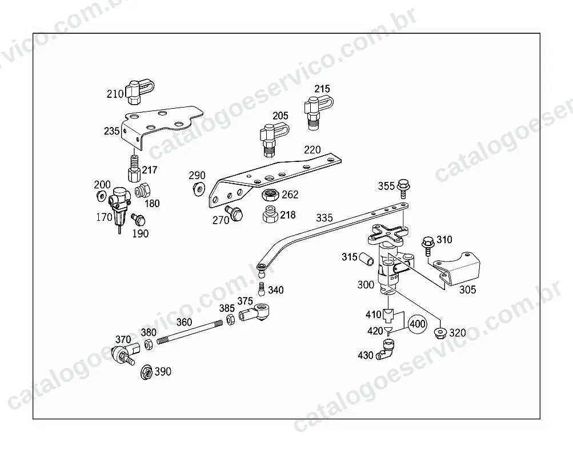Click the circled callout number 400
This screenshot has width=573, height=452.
(x=418, y=324)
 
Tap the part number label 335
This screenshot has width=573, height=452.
(x=324, y=218)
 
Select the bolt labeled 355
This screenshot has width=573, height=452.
(x=403, y=188)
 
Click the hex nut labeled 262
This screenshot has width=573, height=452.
(x=271, y=195)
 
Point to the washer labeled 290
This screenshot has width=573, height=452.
(x=199, y=189)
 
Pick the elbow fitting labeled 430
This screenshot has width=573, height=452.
(x=387, y=349)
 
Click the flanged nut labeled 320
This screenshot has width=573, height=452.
(x=440, y=332)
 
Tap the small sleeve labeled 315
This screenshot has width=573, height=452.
(x=367, y=259)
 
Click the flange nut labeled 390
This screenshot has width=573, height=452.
(x=147, y=372)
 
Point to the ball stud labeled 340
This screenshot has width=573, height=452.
(x=261, y=289)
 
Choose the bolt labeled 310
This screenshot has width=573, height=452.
(x=427, y=247)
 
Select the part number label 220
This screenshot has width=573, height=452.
(x=312, y=150)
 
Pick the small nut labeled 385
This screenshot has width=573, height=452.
(x=231, y=319)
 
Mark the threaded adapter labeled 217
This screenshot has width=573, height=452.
(x=134, y=168)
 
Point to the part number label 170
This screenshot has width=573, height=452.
(x=104, y=217)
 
